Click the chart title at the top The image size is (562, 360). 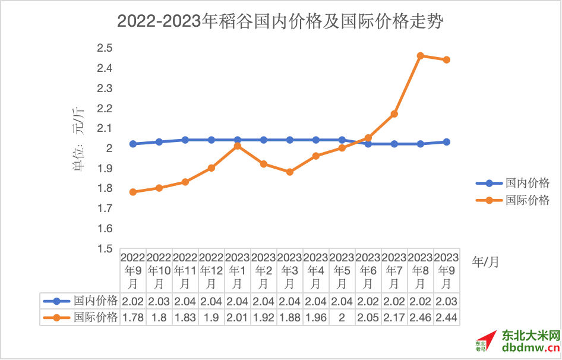point(280,22)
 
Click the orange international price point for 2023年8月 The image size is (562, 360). point(421,56)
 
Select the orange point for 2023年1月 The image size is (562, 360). point(238,146)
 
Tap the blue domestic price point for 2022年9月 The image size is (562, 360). point(133,144)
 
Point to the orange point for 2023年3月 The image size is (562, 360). point(290,172)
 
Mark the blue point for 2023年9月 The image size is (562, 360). point(447,142)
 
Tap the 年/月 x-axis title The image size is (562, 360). point(485,261)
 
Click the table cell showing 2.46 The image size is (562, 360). point(421,318)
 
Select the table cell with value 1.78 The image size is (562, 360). point(133,318)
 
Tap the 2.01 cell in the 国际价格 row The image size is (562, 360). point(238,318)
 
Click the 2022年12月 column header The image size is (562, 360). point(211,270)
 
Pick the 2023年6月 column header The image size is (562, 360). point(368,270)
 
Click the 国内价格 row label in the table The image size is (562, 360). point(96,301)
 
